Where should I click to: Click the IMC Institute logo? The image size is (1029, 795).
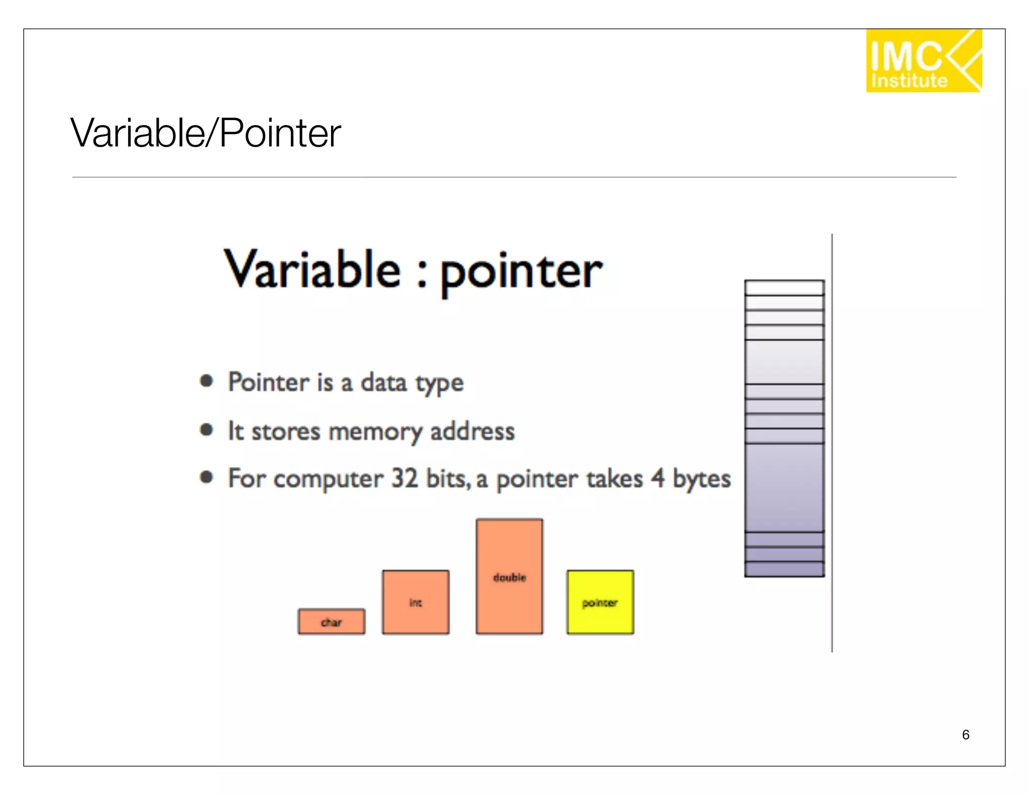tap(923, 61)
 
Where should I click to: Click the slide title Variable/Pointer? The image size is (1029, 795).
tap(205, 133)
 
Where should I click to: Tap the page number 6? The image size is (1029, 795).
tap(965, 735)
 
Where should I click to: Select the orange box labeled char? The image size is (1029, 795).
tap(331, 622)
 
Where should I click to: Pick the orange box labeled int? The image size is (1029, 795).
tap(416, 602)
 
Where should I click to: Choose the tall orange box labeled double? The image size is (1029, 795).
tap(509, 576)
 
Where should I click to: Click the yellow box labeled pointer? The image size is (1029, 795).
tap(600, 602)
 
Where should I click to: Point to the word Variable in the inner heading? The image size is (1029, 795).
tap(312, 270)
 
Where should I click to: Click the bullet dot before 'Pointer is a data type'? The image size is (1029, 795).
tap(207, 381)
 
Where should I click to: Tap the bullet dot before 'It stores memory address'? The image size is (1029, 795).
tap(207, 430)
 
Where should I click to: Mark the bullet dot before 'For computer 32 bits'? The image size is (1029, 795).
tap(207, 477)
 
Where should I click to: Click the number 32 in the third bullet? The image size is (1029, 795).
tap(404, 478)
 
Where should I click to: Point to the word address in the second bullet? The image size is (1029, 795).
tap(472, 431)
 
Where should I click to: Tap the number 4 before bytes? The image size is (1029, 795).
tap(658, 478)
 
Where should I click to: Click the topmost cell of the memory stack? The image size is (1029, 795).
tap(784, 288)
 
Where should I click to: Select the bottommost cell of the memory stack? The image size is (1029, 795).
tap(784, 569)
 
